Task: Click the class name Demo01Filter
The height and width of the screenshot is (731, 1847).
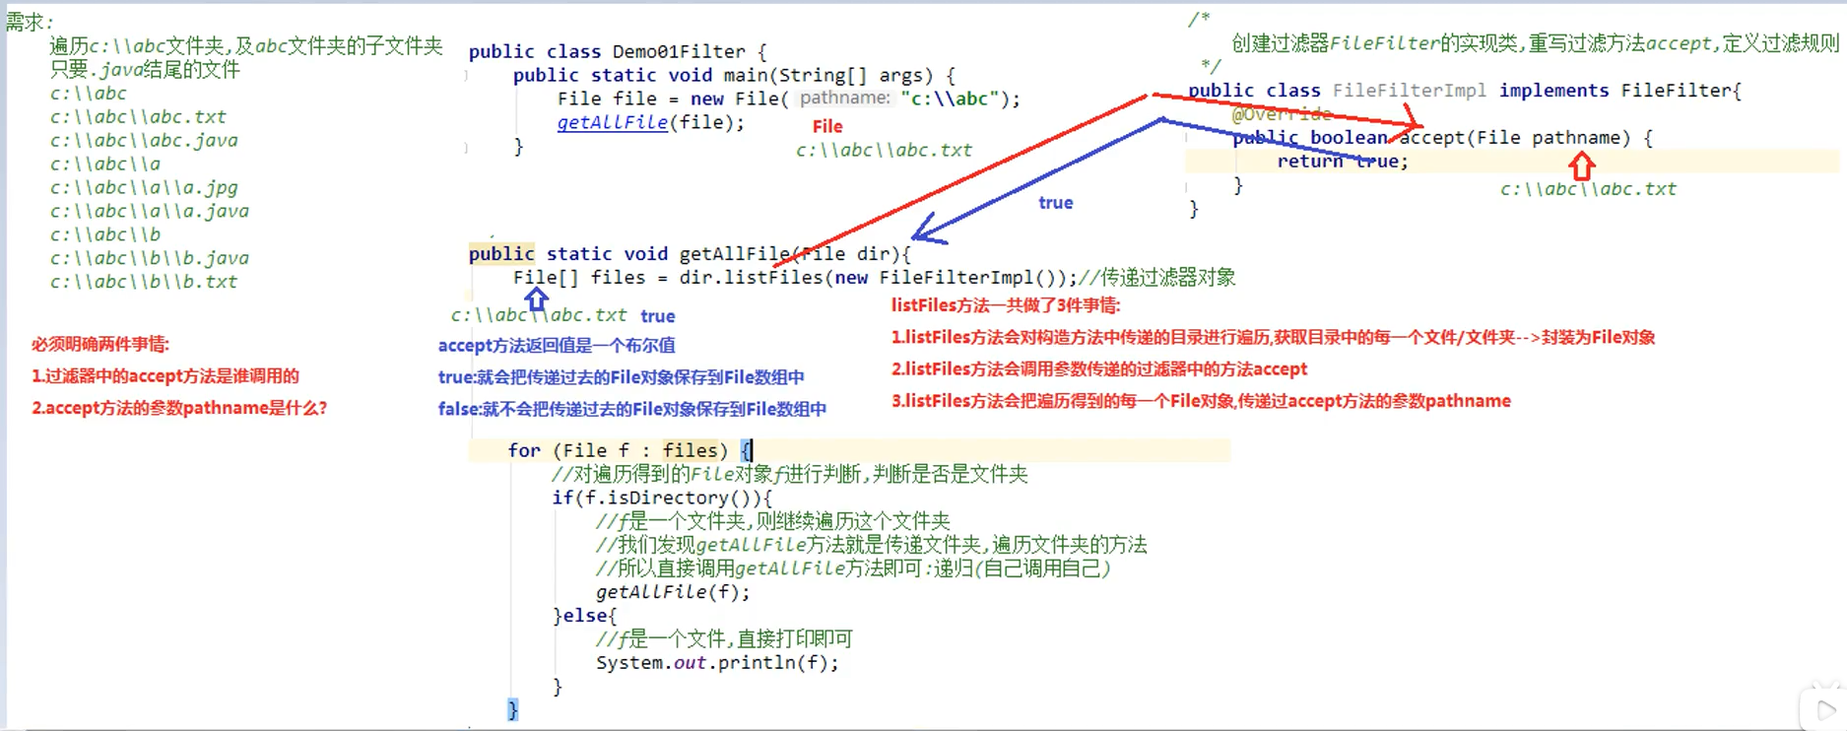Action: pos(679,51)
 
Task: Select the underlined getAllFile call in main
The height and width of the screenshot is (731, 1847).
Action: pos(612,123)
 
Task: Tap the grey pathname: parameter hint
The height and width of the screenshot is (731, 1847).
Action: pos(844,98)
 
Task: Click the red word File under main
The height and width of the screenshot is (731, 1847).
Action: pos(827,126)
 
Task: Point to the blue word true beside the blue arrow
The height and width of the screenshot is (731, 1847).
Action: pos(1055,203)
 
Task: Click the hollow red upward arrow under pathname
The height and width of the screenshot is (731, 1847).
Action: pos(1582,166)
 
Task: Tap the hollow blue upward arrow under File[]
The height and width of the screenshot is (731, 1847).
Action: pos(536,298)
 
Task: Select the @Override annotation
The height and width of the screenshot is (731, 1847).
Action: pos(1281,114)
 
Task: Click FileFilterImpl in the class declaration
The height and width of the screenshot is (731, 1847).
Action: pos(1409,91)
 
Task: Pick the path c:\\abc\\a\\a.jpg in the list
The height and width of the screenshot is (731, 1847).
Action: pos(144,187)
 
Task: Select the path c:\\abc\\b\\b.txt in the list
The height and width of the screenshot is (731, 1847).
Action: pos(144,282)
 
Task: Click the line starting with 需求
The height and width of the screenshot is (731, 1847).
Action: pos(30,22)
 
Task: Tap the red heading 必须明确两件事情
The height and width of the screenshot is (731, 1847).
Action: pos(100,344)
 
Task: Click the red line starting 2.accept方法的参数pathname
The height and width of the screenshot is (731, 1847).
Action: pos(179,408)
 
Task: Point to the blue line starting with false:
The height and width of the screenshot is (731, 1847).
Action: pos(632,409)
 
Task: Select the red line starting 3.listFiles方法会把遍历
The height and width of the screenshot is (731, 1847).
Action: pos(1201,401)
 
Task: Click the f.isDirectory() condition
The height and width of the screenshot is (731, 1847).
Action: pos(662,498)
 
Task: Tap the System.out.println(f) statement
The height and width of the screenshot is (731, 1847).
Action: pos(717,663)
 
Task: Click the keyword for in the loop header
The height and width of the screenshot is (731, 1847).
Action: pos(524,450)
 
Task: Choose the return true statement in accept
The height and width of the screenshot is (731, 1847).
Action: pos(1342,162)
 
